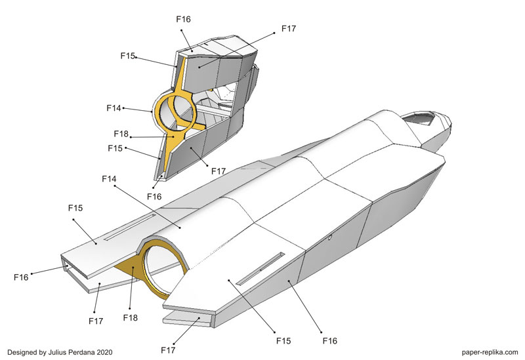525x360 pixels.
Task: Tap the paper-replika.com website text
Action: coord(485,352)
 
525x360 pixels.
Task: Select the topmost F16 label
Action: coord(184,19)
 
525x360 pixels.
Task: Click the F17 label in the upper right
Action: coord(289,29)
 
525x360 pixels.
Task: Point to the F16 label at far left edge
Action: coord(21,277)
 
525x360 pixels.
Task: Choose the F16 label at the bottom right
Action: coord(331,340)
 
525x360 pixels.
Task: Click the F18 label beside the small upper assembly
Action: coord(121,134)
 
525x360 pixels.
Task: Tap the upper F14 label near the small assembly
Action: coord(114,106)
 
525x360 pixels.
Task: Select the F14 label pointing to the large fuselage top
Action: coord(109,178)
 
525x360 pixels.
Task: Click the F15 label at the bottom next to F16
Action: coord(283,340)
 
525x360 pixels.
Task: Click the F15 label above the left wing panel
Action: coord(75,208)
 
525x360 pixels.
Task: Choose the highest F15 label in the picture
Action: coord(127,56)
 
